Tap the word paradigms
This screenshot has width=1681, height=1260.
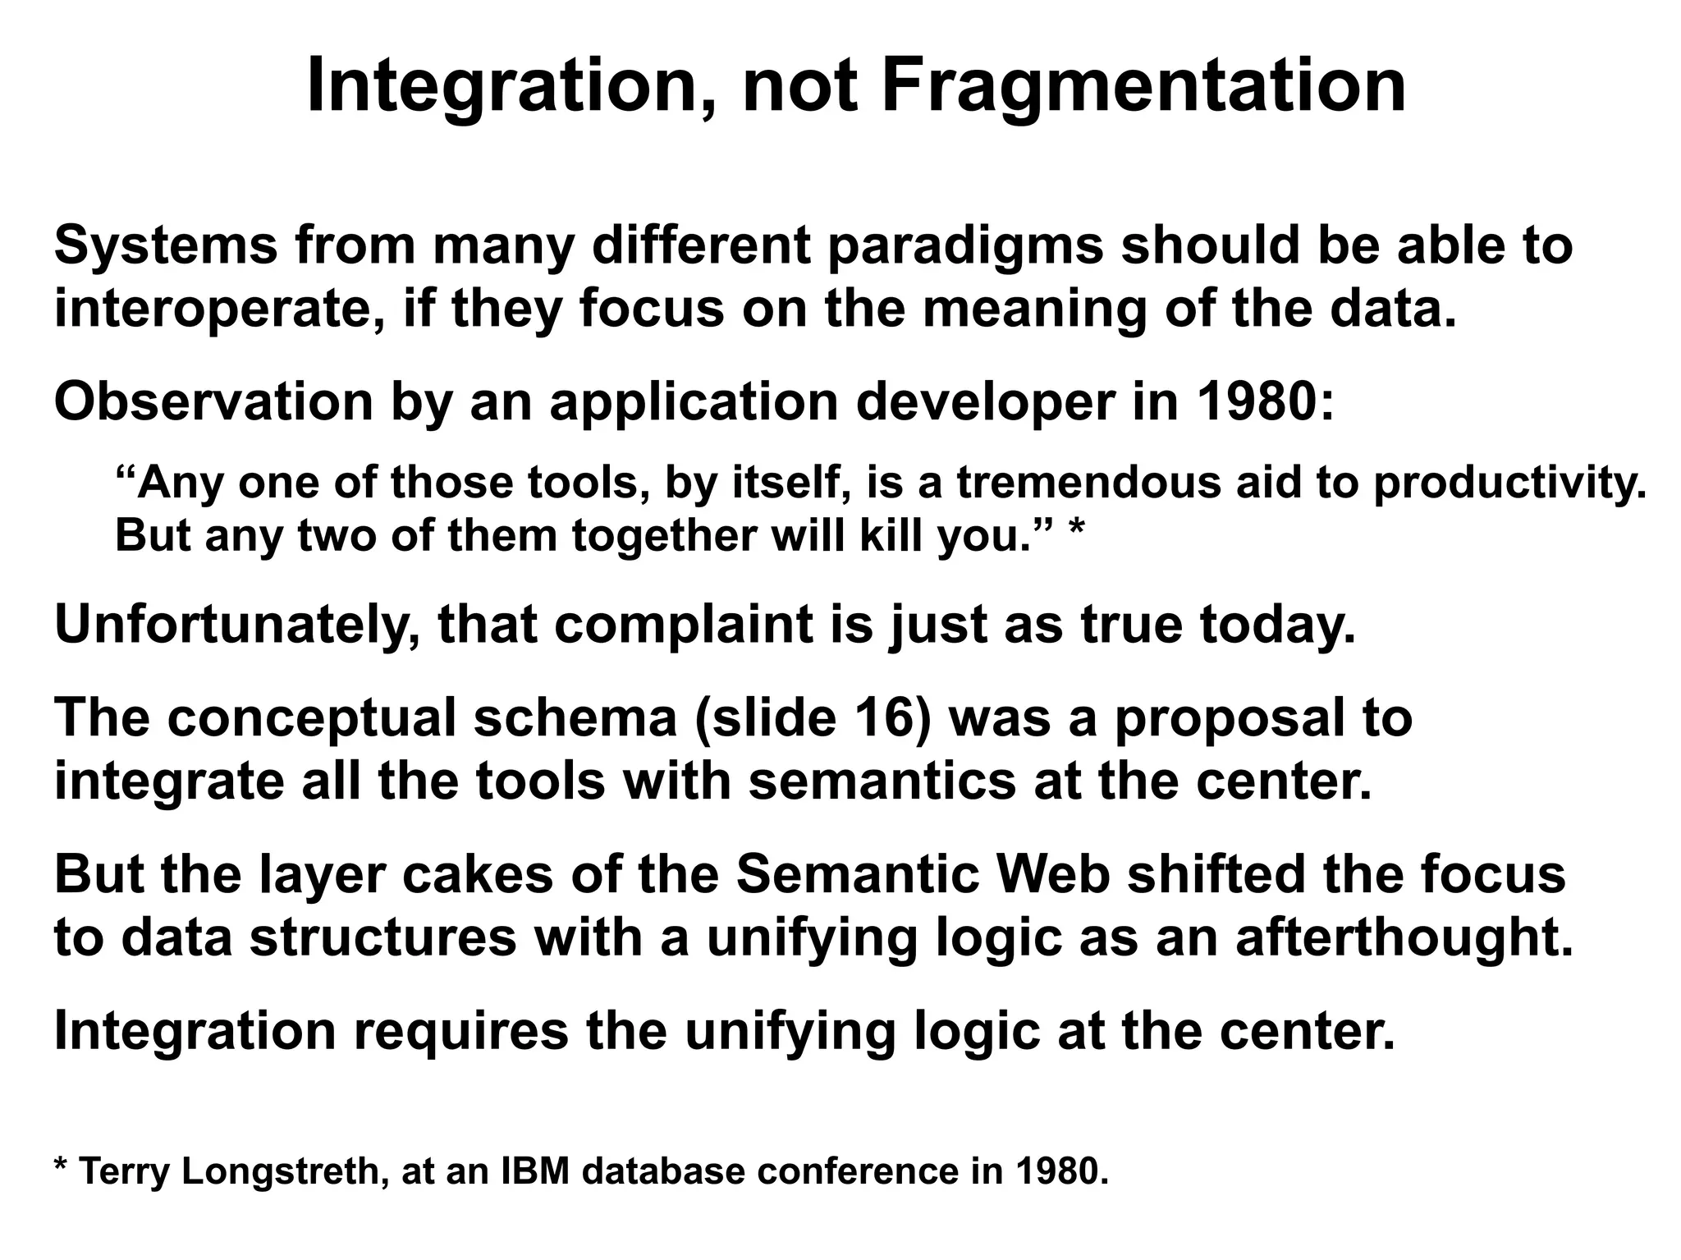pyautogui.click(x=964, y=246)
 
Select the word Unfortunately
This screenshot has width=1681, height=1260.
pyautogui.click(x=236, y=625)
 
